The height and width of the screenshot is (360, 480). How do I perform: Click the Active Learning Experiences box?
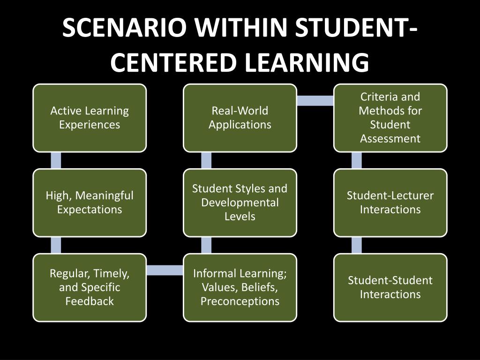pos(90,118)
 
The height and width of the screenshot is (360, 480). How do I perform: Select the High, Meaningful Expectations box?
pos(90,202)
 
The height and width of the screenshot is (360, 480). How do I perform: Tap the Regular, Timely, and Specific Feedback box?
pos(90,287)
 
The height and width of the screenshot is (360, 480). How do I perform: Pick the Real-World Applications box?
pos(240,118)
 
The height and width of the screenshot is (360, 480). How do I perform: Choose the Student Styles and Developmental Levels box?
pos(240,202)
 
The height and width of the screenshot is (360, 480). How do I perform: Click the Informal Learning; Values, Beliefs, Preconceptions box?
pos(240,287)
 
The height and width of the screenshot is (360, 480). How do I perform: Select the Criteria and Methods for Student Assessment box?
pos(390,118)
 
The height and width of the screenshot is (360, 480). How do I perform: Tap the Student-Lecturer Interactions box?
pos(390,202)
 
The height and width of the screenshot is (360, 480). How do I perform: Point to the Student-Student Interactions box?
pos(390,287)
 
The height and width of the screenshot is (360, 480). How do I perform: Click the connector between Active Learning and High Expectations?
pos(56,160)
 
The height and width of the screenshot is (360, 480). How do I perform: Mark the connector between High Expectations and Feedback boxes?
pos(56,245)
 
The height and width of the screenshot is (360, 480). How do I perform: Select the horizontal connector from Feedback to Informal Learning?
pos(165,270)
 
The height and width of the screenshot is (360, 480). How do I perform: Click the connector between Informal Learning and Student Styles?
pos(206,245)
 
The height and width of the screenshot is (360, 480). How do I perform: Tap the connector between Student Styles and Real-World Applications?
pos(206,160)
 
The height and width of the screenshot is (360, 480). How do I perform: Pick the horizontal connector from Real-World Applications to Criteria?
pos(315,100)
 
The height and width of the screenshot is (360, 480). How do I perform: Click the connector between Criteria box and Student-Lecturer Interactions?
pos(357,160)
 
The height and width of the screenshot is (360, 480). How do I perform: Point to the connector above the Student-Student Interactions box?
pos(357,245)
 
